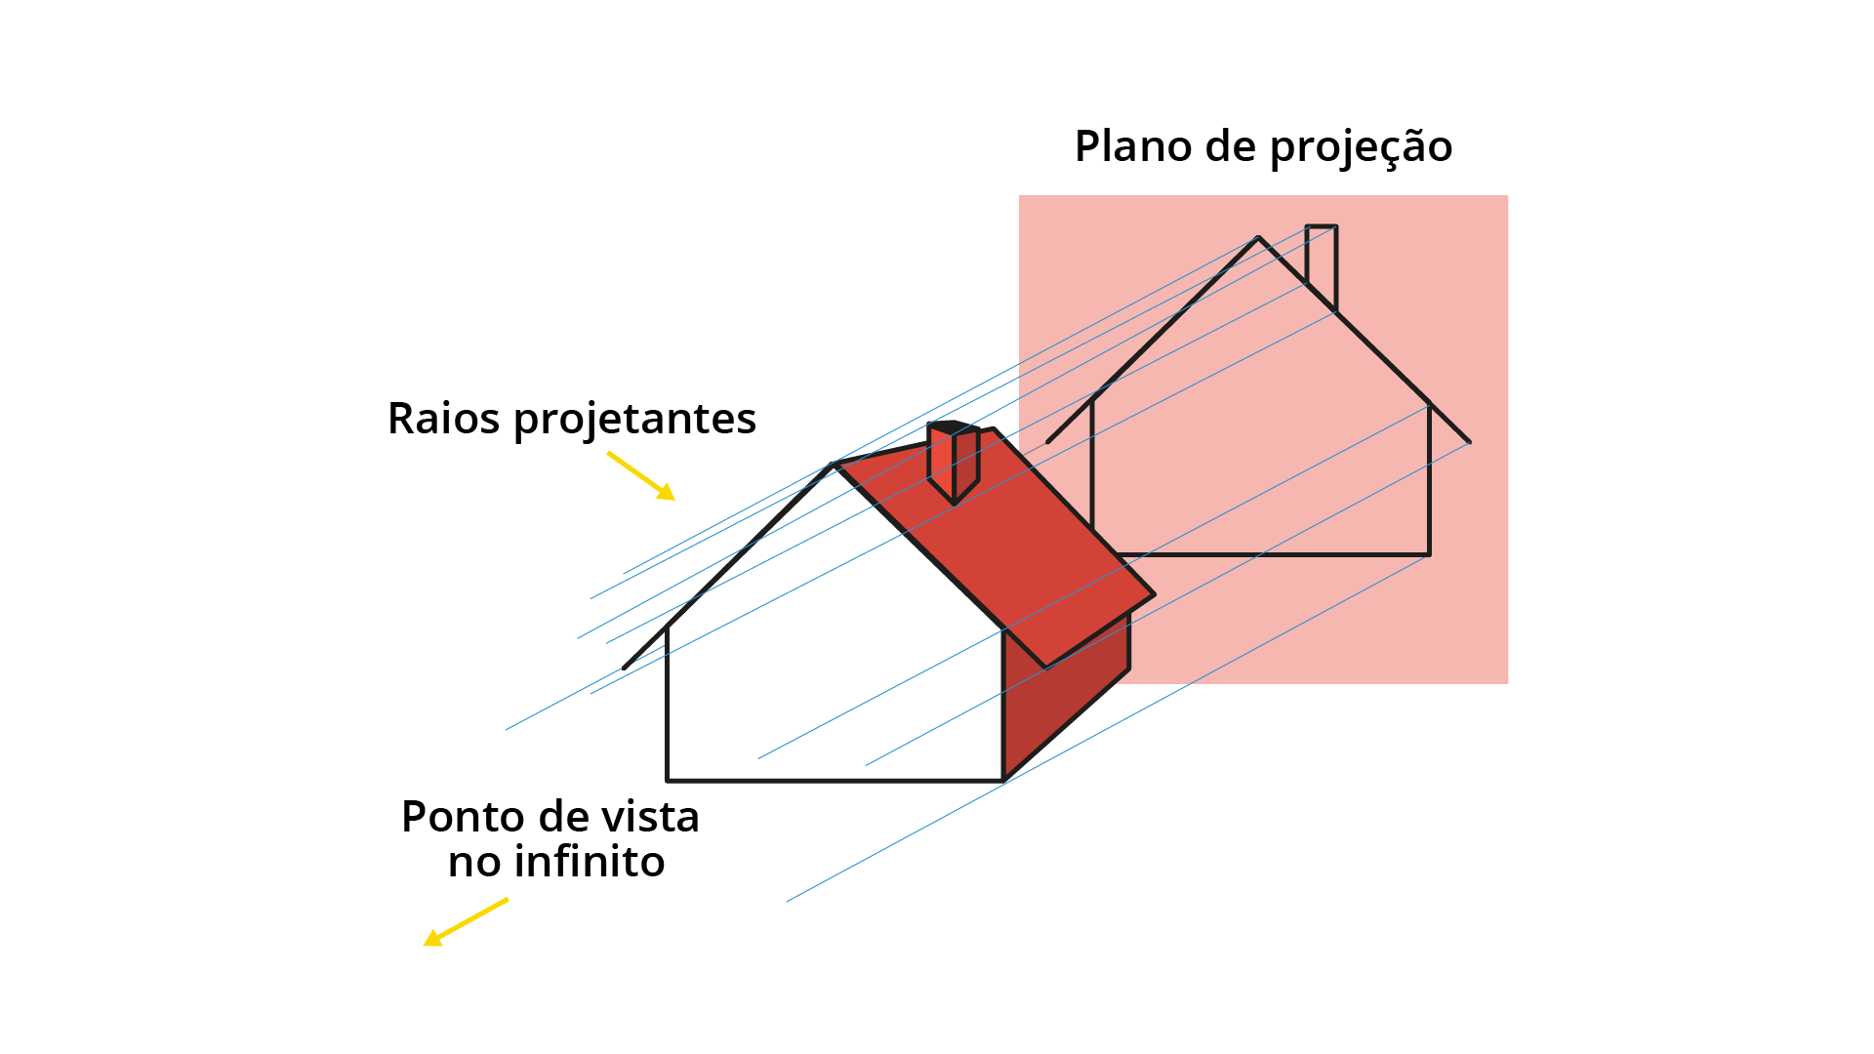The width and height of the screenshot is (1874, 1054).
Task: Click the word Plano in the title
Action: pyautogui.click(x=1132, y=146)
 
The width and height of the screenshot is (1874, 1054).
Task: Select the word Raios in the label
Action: pyautogui.click(x=444, y=418)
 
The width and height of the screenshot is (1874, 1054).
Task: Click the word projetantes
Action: pyautogui.click(x=634, y=420)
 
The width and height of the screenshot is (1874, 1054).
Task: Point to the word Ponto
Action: pyautogui.click(x=463, y=817)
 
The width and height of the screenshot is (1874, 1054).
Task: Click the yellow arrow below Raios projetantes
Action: pyautogui.click(x=641, y=475)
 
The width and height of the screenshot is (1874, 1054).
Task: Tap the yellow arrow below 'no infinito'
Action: pyautogui.click(x=466, y=921)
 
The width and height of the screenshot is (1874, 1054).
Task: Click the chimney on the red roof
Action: pyautogui.click(x=954, y=463)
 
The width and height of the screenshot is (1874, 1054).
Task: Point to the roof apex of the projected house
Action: pyautogui.click(x=1258, y=237)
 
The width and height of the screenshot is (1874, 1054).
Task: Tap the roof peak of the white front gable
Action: pyautogui.click(x=833, y=465)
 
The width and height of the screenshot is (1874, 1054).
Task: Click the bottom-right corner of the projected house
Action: pyautogui.click(x=1430, y=555)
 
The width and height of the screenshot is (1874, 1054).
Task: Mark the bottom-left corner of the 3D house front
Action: pyautogui.click(x=667, y=781)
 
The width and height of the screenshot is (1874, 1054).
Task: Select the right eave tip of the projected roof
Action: pyautogui.click(x=1470, y=442)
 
